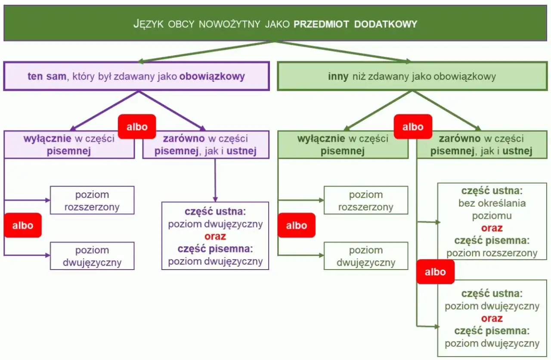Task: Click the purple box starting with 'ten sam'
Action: click(x=136, y=76)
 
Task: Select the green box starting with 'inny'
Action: click(x=412, y=76)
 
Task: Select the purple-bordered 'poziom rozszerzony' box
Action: click(x=92, y=200)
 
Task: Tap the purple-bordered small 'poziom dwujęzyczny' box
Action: click(x=92, y=256)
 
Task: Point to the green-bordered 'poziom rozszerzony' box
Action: click(x=365, y=200)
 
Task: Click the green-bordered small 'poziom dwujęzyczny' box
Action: click(x=365, y=256)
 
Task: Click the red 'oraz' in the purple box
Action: click(x=215, y=236)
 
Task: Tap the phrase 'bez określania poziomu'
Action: click(x=492, y=209)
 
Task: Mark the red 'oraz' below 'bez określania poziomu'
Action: click(x=492, y=228)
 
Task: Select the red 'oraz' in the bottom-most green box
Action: click(x=492, y=319)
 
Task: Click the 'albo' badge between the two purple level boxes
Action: click(x=23, y=225)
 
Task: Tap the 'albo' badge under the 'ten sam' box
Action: click(x=137, y=127)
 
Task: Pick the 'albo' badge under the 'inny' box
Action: click(x=413, y=127)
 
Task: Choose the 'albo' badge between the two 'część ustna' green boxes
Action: click(x=435, y=272)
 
